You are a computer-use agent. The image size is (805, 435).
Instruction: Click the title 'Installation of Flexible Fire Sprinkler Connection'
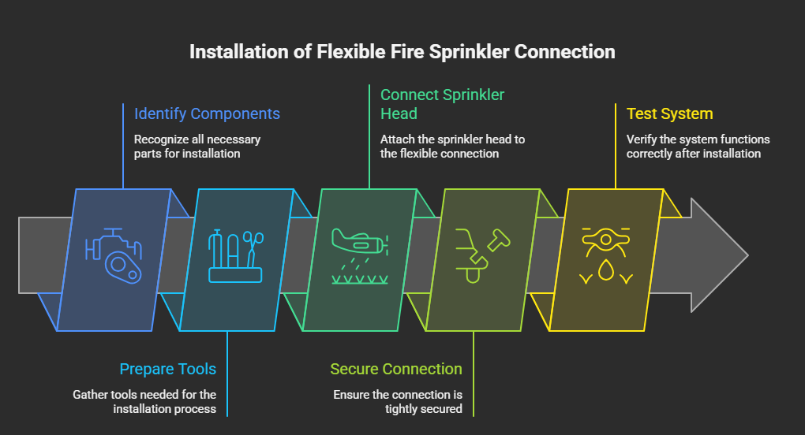[x=402, y=52]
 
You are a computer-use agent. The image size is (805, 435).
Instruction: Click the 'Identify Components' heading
[x=207, y=113]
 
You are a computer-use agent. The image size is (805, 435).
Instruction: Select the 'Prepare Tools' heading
[x=167, y=369]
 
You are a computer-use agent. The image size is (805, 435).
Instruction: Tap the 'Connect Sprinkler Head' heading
[x=442, y=104]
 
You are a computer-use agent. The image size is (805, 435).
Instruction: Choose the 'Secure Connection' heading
[x=396, y=369]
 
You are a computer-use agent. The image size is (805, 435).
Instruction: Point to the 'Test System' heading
[x=669, y=113]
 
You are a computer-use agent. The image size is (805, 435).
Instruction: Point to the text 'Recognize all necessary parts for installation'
[x=197, y=147]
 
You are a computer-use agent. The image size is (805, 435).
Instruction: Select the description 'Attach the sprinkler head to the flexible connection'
[x=452, y=147]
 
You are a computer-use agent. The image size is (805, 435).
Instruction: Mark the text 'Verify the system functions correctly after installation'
[x=698, y=147]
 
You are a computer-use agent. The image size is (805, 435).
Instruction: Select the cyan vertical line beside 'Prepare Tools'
[x=227, y=374]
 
